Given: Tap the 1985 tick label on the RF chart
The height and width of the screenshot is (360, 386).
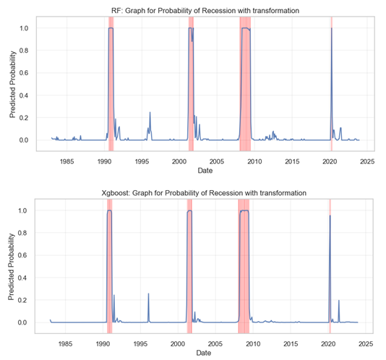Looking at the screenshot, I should point(65,160).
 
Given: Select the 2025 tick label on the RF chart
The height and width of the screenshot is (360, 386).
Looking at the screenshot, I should point(366,160).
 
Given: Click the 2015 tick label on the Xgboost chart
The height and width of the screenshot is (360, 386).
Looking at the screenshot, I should point(290,343).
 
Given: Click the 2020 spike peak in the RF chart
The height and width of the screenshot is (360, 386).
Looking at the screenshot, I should point(331,29).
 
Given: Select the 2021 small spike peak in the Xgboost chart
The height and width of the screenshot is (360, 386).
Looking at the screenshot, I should point(339,301).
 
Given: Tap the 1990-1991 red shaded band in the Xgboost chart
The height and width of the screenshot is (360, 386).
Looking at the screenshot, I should point(109,267).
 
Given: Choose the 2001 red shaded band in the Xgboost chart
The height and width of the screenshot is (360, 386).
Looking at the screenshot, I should point(189,267).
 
